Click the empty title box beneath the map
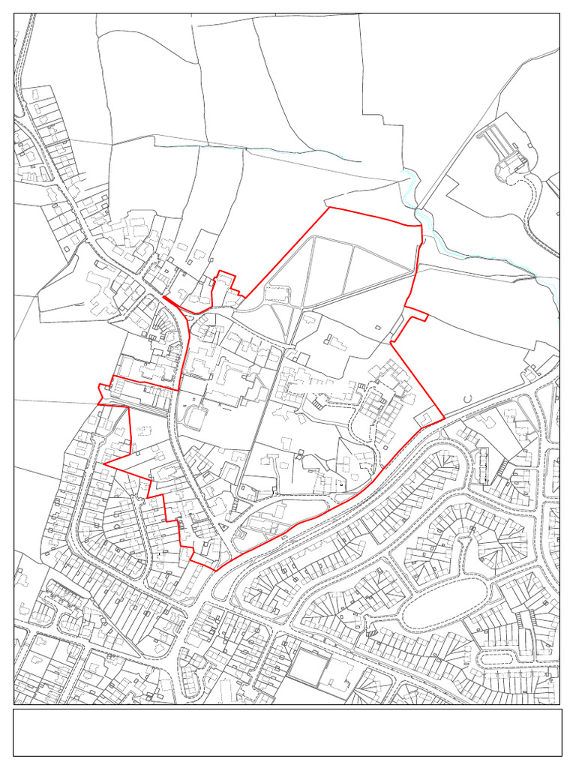pyautogui.click(x=287, y=732)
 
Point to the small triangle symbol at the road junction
pyautogui.click(x=223, y=527)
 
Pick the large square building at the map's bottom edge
pyautogui.click(x=309, y=669)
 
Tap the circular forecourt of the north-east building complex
pyautogui.click(x=511, y=169)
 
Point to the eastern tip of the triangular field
pyautogui.click(x=412, y=271)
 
